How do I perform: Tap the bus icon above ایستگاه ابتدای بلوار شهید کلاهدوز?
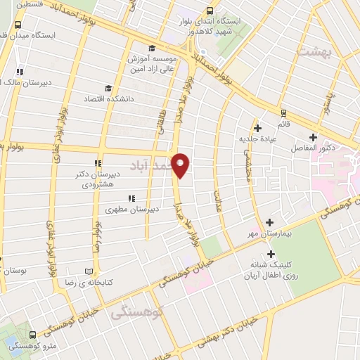click(210, 11)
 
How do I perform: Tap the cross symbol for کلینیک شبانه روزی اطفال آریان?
click(270, 255)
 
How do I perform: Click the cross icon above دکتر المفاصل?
click(313, 138)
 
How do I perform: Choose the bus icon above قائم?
click(283, 112)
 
